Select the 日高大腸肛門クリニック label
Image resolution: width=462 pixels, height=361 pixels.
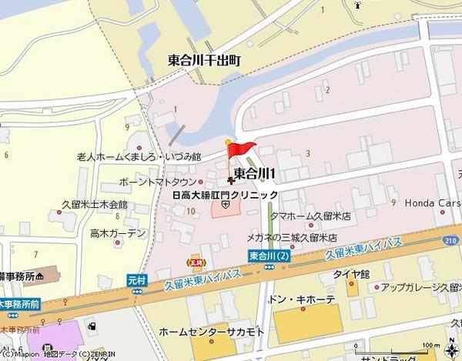[224, 195]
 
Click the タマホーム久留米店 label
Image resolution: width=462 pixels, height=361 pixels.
[310, 218]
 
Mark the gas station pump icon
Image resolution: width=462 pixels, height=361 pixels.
[92, 326]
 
